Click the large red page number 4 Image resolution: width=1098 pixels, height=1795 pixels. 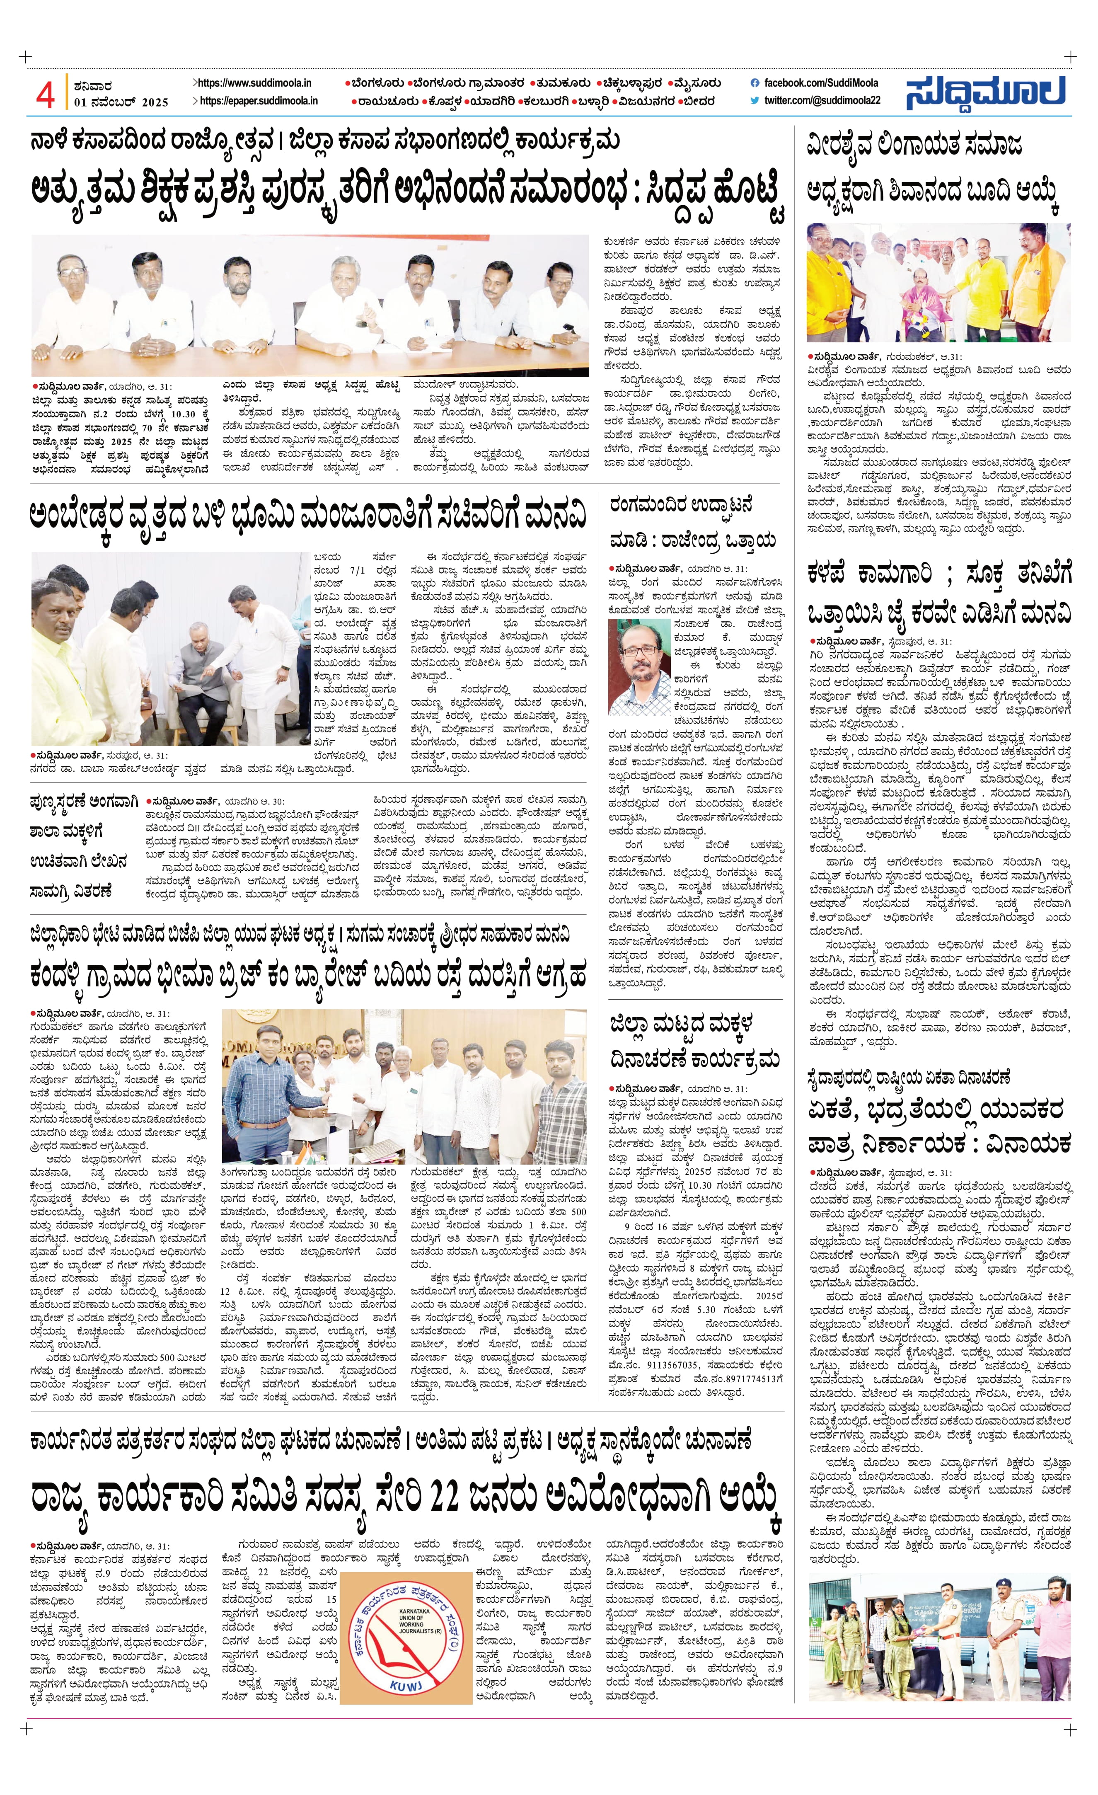coord(45,93)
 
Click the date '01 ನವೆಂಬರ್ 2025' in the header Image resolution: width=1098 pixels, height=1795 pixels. coord(121,102)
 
